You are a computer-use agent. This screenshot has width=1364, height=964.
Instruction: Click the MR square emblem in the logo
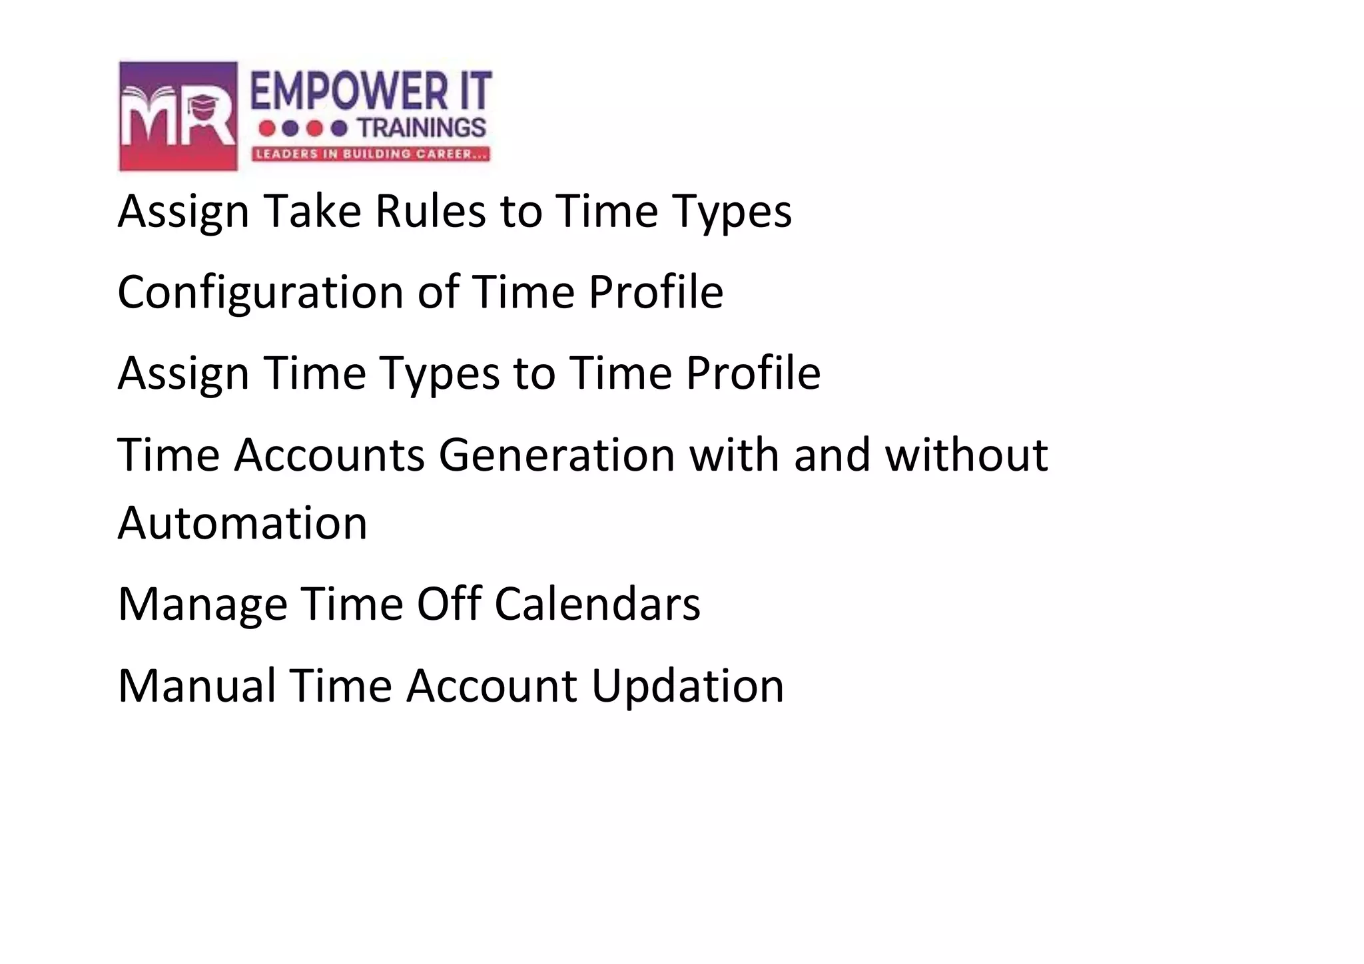[x=178, y=116]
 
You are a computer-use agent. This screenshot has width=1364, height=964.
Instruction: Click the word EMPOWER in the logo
[x=349, y=92]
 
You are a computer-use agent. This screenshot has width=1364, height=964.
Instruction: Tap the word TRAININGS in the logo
[x=422, y=128]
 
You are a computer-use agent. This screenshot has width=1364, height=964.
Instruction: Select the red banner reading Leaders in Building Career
[x=370, y=154]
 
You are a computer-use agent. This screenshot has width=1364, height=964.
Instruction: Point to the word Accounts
[x=329, y=455]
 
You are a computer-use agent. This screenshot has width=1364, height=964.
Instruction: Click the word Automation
[x=242, y=523]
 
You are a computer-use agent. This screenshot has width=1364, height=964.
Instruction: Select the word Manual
[x=196, y=686]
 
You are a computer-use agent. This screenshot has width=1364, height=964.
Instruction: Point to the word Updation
[x=688, y=686]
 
